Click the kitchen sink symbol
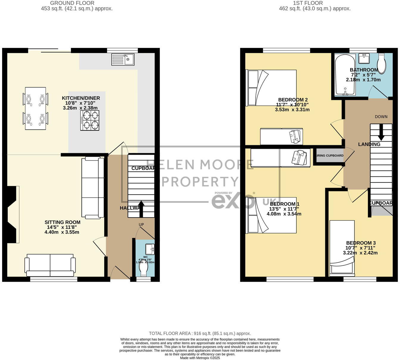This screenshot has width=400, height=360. click(123, 60)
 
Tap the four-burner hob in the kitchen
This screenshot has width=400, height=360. click(90, 120)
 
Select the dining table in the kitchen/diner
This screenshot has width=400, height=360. click(35, 108)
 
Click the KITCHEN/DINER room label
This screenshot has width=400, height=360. click(81, 98)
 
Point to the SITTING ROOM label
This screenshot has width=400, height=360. click(62, 222)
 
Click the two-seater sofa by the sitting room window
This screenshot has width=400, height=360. click(50, 265)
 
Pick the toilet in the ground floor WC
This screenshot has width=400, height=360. click(144, 270)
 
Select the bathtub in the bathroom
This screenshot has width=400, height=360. click(345, 75)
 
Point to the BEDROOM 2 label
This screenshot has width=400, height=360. click(293, 100)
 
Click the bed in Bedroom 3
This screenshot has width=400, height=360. click(342, 247)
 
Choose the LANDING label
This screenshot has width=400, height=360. click(369, 144)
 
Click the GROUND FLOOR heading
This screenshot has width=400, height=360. click(72, 3)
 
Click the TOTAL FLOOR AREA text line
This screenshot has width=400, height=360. click(200, 334)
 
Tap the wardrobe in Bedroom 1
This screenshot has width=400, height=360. click(280, 158)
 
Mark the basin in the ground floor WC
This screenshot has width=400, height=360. click(150, 249)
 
